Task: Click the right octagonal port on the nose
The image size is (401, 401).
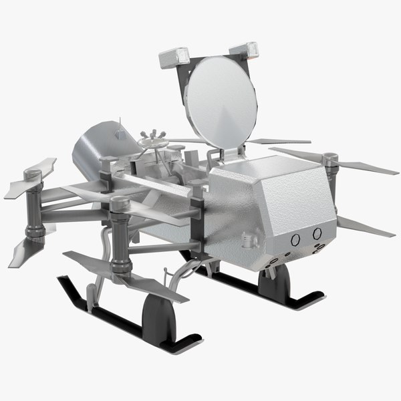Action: (x=317, y=233)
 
